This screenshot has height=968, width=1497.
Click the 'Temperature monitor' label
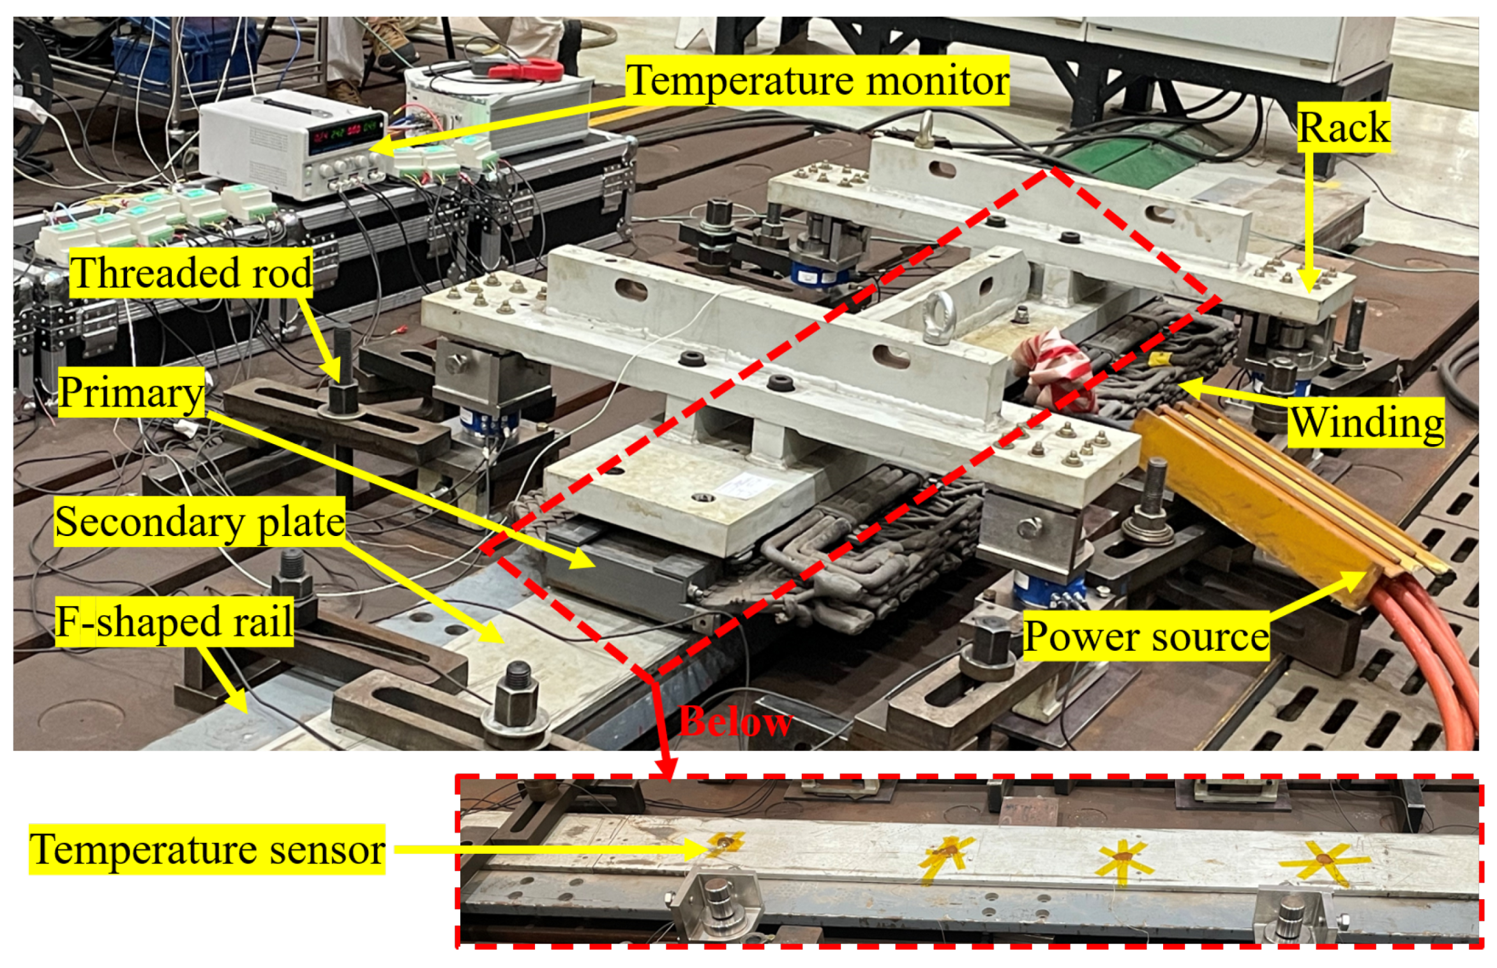pyautogui.click(x=817, y=80)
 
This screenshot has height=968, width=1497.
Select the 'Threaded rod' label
pyautogui.click(x=192, y=274)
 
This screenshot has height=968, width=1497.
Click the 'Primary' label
pyautogui.click(x=131, y=392)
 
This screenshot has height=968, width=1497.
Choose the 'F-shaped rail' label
pyautogui.click(x=174, y=622)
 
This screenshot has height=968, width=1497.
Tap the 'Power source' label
pyautogui.click(x=1146, y=636)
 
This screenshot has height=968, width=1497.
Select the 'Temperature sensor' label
pyautogui.click(x=207, y=849)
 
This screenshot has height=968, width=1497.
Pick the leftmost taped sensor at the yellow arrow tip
pyautogui.click(x=725, y=844)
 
